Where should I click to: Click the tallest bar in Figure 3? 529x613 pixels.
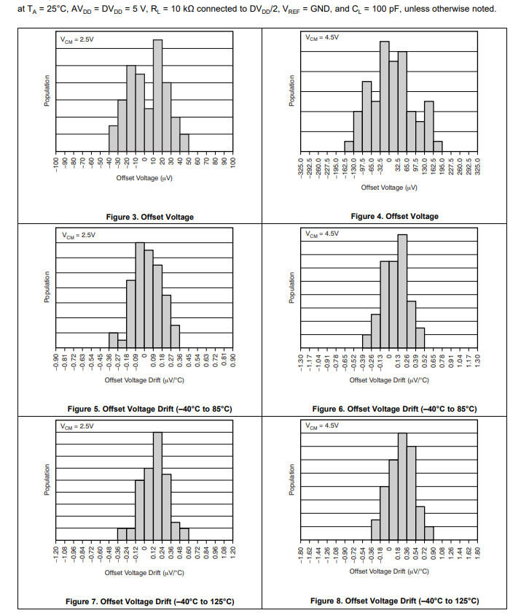pyautogui.click(x=157, y=95)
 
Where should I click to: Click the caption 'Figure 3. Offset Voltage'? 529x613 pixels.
pyautogui.click(x=150, y=217)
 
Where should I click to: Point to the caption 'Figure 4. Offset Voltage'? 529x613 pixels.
pyautogui.click(x=394, y=216)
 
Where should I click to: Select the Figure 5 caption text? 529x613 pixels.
pyautogui.click(x=150, y=409)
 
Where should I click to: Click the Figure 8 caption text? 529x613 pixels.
pyautogui.click(x=394, y=601)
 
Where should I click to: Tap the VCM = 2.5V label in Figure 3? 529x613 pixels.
pyautogui.click(x=78, y=39)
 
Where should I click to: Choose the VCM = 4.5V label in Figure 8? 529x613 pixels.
pyautogui.click(x=322, y=425)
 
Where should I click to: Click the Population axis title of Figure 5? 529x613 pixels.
pyautogui.click(x=47, y=290)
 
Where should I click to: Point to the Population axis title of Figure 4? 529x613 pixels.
pyautogui.click(x=291, y=92)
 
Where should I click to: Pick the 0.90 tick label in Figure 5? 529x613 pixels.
pyautogui.click(x=233, y=361)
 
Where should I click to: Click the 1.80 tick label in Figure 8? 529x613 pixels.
pyautogui.click(x=478, y=552)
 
